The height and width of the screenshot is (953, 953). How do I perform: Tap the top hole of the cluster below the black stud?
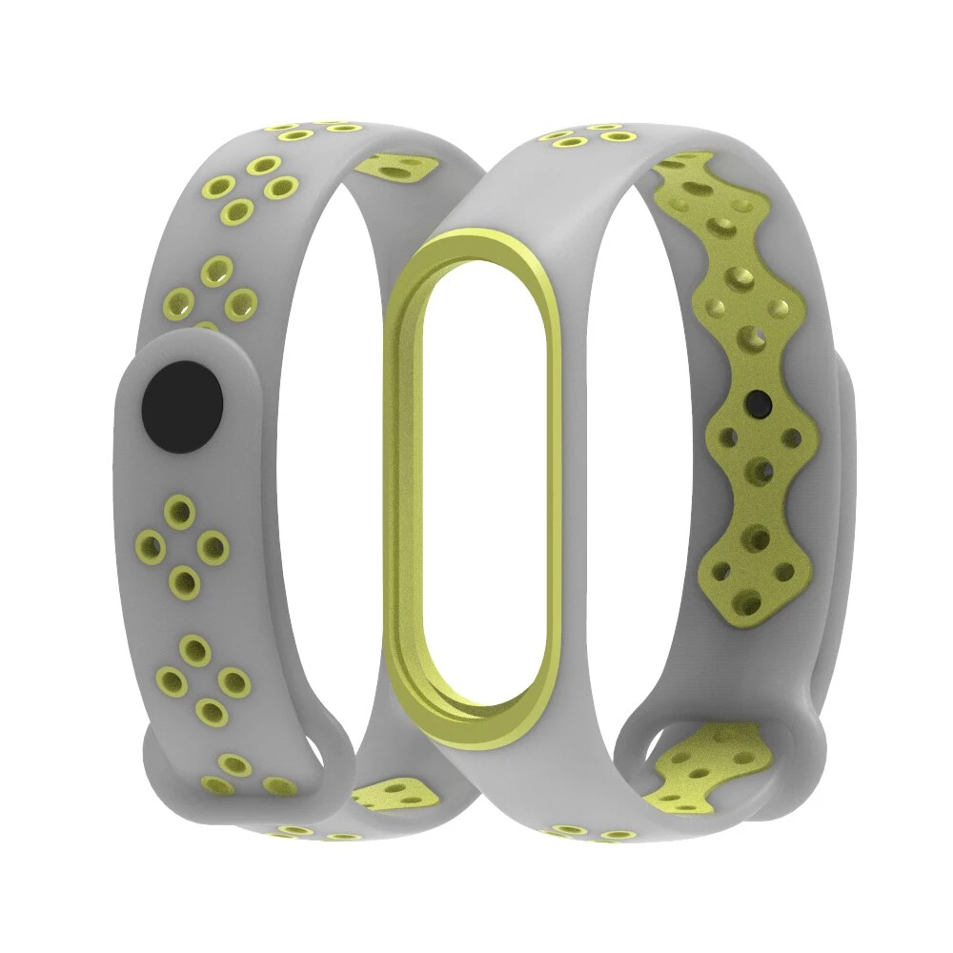pos(177,511)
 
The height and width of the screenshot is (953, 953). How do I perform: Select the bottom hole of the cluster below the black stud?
pos(183,579)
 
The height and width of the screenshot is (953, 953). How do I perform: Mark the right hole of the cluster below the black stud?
pos(214,547)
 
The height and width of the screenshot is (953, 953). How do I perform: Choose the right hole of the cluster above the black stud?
pos(240,303)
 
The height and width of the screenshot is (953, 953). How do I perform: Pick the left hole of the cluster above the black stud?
pos(178,306)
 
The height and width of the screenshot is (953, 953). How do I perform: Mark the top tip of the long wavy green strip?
pos(700,157)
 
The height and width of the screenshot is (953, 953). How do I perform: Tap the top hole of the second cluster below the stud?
pos(195,650)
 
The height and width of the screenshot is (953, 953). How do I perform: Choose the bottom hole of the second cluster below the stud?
pos(209,710)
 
